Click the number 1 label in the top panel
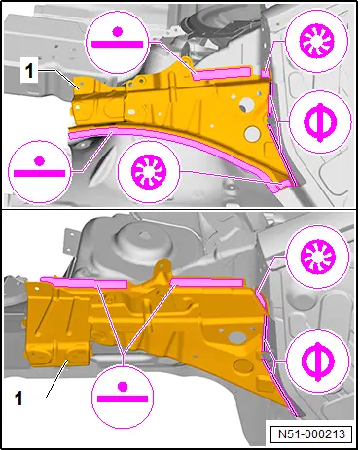(x=29, y=71)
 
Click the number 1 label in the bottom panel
(x=19, y=398)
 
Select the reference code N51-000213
(x=311, y=433)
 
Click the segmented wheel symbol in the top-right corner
(x=316, y=41)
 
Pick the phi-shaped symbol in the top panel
(x=320, y=122)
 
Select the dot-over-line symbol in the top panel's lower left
(x=39, y=167)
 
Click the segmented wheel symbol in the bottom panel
(x=318, y=257)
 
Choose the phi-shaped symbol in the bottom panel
(x=318, y=362)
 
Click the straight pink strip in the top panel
(x=222, y=73)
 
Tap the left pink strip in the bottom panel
(x=85, y=283)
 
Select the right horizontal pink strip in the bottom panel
(x=207, y=282)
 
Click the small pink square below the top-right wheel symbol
(x=266, y=74)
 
